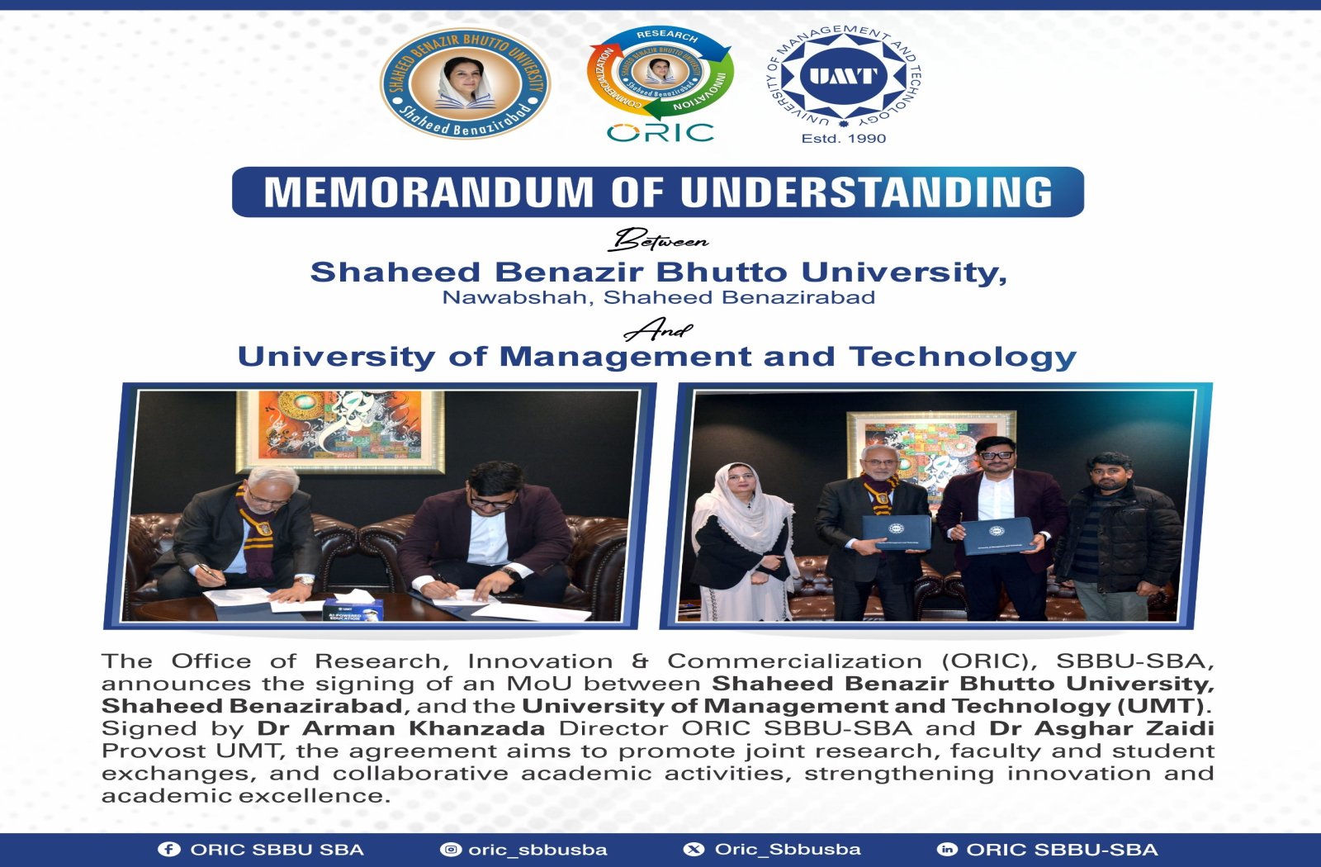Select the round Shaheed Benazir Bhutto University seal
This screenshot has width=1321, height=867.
[x=466, y=83]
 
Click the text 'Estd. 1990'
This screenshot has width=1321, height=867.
[x=843, y=139]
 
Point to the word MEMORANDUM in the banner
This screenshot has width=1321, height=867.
[x=428, y=192]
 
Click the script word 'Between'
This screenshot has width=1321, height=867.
[x=660, y=239]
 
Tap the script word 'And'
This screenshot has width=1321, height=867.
[x=658, y=329]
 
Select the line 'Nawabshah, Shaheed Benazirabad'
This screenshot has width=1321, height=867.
[x=659, y=297]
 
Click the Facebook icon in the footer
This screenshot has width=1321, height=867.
[x=168, y=850]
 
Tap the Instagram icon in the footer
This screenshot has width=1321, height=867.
[x=451, y=850]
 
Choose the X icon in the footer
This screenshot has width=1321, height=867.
[x=694, y=850]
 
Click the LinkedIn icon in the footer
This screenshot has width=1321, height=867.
[x=947, y=850]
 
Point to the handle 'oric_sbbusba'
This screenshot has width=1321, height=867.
[x=537, y=850]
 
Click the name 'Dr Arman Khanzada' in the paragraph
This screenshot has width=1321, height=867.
[x=401, y=728]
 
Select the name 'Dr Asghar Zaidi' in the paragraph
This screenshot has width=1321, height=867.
[x=1101, y=728]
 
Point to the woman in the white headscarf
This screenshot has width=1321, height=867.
[x=743, y=542]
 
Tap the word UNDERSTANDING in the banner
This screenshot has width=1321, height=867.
[x=867, y=192]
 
